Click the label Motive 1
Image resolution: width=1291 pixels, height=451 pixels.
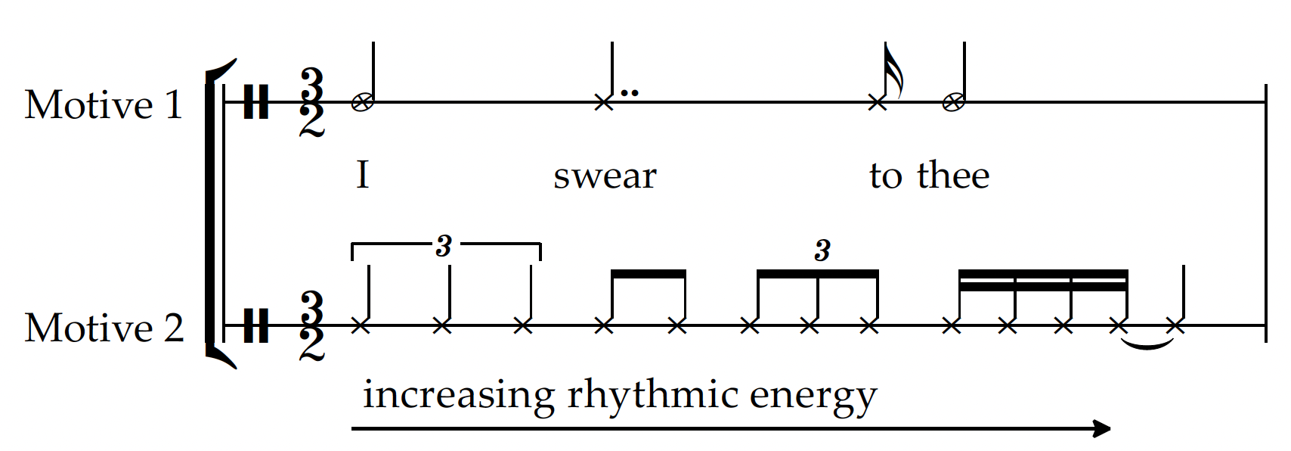(x=104, y=104)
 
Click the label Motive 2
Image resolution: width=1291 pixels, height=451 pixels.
(x=104, y=328)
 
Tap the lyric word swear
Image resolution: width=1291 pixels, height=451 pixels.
(x=605, y=176)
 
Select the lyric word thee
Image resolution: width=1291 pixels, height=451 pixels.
(x=953, y=176)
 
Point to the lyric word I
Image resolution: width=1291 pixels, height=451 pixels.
(x=363, y=175)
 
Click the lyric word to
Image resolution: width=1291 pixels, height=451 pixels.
(x=886, y=176)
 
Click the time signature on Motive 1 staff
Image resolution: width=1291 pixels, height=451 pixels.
(x=311, y=101)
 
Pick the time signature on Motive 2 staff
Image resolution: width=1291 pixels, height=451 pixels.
(x=311, y=326)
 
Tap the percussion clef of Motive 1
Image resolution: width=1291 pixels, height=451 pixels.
(x=256, y=101)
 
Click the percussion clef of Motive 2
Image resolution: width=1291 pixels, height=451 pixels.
(x=256, y=326)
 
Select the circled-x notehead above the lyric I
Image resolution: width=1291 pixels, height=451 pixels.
(x=362, y=102)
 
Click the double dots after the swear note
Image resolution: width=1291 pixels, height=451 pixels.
(x=629, y=94)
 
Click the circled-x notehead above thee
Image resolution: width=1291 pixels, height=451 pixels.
(x=954, y=102)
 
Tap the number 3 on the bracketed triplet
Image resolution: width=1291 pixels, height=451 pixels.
(x=444, y=245)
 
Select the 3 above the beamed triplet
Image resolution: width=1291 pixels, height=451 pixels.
(x=822, y=250)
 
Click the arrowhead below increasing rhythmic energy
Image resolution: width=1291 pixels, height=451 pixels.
(x=1102, y=428)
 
